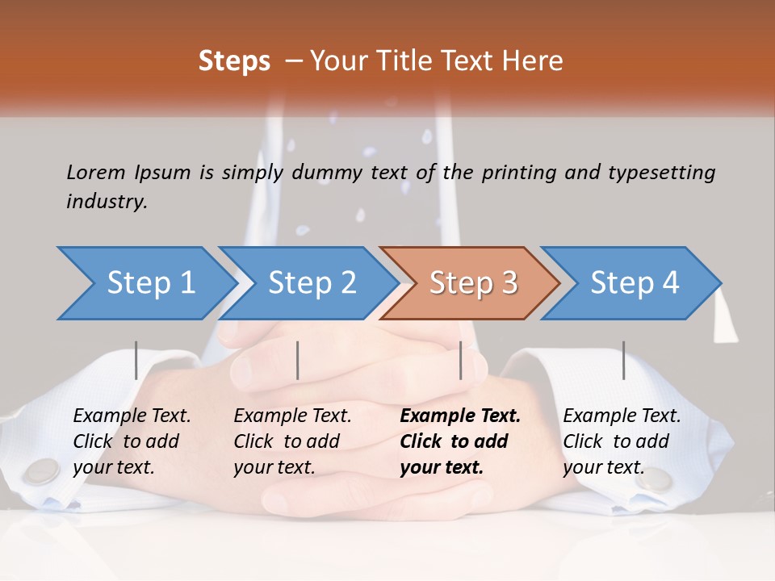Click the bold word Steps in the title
coord(234,61)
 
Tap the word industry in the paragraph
coord(107,201)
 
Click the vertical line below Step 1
coord(136,360)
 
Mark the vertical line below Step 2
coord(298,360)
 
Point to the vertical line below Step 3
coord(460,360)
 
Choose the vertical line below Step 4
coord(623,360)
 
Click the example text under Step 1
coord(132,441)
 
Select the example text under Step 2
coord(292,441)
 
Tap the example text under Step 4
coord(622,441)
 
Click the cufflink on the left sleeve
coord(42,471)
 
